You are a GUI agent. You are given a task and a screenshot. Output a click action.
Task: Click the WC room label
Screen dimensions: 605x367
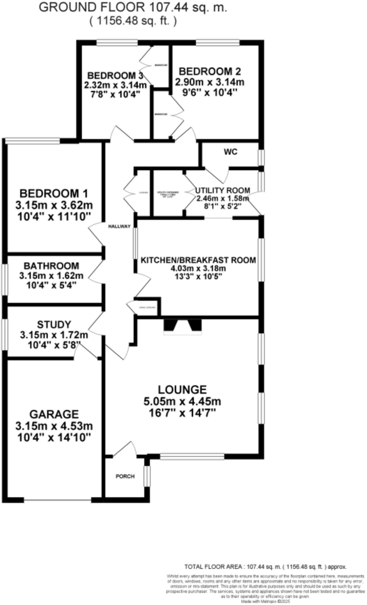click(x=230, y=152)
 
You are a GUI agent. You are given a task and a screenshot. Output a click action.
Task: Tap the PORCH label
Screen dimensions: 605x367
click(x=125, y=476)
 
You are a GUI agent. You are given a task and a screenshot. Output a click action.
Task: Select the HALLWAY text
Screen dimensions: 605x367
click(x=119, y=227)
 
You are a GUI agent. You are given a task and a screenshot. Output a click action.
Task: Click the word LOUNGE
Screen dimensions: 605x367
click(x=182, y=390)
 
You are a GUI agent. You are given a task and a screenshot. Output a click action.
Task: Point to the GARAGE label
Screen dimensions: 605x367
click(x=54, y=414)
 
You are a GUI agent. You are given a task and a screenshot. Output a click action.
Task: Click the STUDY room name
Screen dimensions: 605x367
click(x=54, y=325)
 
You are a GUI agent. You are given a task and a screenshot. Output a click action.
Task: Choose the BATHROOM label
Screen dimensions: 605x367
click(x=51, y=266)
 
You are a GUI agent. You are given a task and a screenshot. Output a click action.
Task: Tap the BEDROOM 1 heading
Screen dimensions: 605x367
click(x=54, y=194)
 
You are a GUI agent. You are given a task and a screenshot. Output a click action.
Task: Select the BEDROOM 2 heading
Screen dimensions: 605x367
click(x=210, y=71)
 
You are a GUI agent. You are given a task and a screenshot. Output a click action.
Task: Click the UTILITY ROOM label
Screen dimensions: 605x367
click(x=223, y=191)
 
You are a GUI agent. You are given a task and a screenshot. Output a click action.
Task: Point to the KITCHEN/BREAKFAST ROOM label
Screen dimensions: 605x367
click(x=198, y=260)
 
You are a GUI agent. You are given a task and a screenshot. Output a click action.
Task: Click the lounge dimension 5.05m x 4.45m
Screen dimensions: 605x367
click(x=182, y=401)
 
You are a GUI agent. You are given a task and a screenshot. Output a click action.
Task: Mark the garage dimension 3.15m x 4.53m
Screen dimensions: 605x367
click(x=54, y=426)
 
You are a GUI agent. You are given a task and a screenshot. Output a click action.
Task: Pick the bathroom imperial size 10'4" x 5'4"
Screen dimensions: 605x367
click(x=51, y=285)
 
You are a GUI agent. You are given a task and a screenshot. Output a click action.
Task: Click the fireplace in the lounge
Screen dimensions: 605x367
click(x=183, y=327)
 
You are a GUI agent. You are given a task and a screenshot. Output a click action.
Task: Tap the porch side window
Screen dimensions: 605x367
click(x=147, y=476)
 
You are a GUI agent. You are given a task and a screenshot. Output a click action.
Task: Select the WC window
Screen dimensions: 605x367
click(x=261, y=157)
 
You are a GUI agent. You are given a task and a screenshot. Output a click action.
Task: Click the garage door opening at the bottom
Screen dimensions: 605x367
click(x=58, y=500)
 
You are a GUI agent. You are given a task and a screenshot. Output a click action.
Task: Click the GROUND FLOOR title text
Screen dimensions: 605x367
click(x=133, y=7)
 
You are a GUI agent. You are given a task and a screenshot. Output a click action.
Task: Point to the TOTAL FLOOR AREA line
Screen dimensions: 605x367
click(x=265, y=567)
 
